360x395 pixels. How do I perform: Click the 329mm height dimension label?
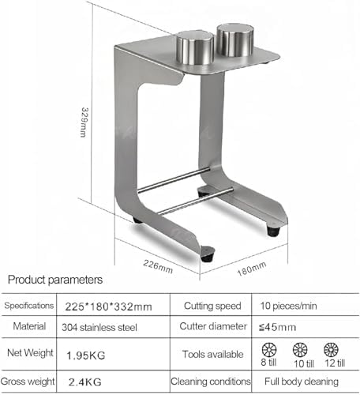pos(84,122)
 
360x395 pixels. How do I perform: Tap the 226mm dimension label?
pos(158,266)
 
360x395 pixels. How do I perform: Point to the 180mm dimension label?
pos(252,269)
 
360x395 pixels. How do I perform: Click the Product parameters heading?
pos(55,280)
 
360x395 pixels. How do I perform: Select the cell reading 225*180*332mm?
pos(108,307)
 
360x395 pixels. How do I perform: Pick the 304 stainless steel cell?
pos(99,327)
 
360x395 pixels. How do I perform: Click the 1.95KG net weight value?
pos(86,355)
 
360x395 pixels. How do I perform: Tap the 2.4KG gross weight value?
pos(85,382)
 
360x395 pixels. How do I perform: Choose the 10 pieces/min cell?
pos(288,306)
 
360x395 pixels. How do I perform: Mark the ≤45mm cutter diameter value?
pos(277,327)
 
